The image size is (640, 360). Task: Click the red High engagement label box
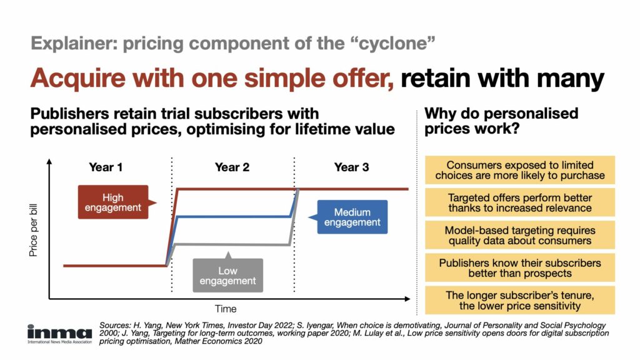pyautogui.click(x=113, y=202)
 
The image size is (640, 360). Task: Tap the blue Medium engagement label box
pyautogui.click(x=352, y=217)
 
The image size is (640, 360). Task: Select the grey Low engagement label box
pyautogui.click(x=227, y=276)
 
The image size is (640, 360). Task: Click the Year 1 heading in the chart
pyautogui.click(x=106, y=167)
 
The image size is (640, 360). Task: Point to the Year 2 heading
pyautogui.click(x=232, y=167)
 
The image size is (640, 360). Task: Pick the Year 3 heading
pyautogui.click(x=351, y=167)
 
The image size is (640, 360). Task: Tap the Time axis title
pyautogui.click(x=226, y=309)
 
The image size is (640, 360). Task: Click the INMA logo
pyautogui.click(x=59, y=335)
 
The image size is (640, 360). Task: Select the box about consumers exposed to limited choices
pyautogui.click(x=520, y=170)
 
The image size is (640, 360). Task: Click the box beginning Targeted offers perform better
pyautogui.click(x=520, y=202)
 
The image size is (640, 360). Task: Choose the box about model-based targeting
pyautogui.click(x=520, y=235)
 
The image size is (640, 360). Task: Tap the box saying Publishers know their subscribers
pyautogui.click(x=520, y=267)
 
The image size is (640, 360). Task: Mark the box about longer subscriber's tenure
pyautogui.click(x=520, y=300)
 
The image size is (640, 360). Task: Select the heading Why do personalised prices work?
pyautogui.click(x=501, y=121)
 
